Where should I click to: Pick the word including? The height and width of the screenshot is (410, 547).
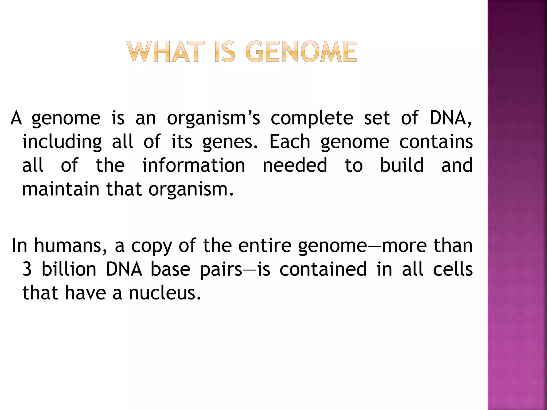[62, 142]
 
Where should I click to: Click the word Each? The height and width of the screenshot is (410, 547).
[290, 141]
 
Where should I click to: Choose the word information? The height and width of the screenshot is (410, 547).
[194, 165]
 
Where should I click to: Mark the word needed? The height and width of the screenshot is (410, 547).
[295, 165]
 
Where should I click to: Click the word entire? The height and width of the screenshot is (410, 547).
[264, 246]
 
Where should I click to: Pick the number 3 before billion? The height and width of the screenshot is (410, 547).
[27, 269]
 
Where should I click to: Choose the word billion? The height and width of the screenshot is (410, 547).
[69, 269]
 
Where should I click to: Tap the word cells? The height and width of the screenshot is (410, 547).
[453, 269]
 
